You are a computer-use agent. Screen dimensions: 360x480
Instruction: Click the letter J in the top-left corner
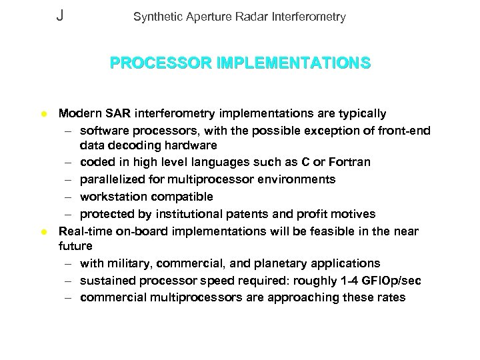(60, 15)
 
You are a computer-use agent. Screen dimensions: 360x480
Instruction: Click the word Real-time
(85, 231)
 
